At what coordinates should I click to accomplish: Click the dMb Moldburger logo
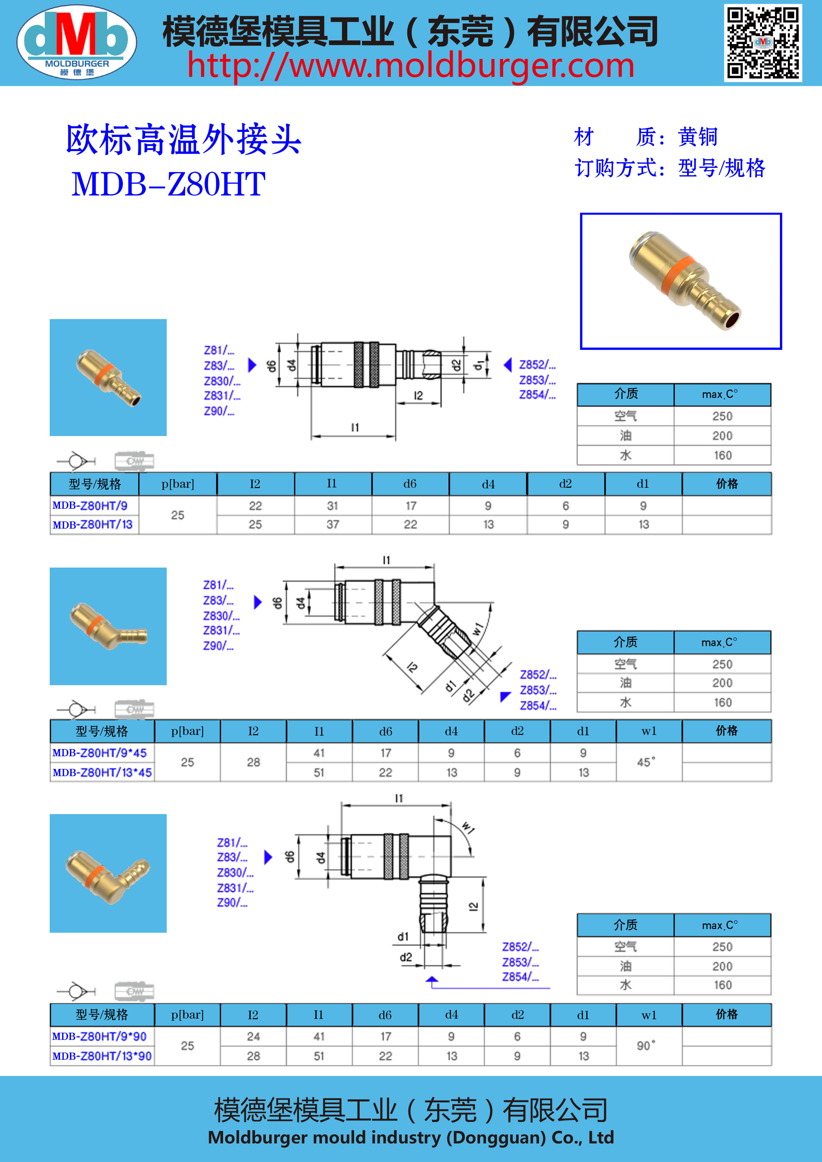coord(77,42)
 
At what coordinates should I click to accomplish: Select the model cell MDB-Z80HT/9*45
coord(100,752)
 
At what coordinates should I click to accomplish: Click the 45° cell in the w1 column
coord(646,762)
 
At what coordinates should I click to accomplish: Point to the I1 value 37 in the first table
coord(332,524)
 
